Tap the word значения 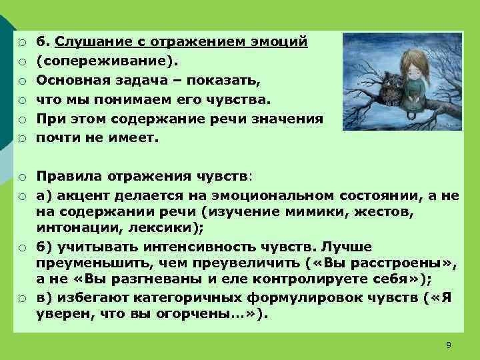(289, 119)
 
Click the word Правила (66, 176)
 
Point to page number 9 (448, 344)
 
